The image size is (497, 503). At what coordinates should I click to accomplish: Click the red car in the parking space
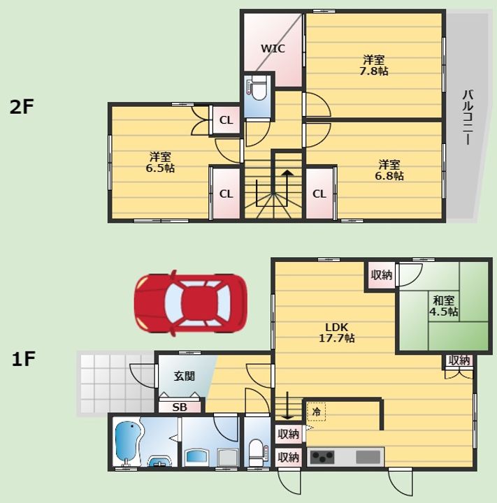click(190, 303)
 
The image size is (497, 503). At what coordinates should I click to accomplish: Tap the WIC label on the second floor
click(273, 48)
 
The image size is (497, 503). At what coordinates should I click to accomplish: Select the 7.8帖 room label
click(373, 65)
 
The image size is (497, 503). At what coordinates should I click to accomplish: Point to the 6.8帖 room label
click(389, 170)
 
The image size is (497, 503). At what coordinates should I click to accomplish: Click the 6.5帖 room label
click(160, 162)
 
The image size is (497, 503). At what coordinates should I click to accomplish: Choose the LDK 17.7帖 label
click(336, 333)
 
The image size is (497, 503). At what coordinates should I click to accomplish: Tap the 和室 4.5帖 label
click(444, 306)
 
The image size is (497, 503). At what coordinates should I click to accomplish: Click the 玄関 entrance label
click(185, 376)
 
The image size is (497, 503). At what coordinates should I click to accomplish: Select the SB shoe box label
click(180, 407)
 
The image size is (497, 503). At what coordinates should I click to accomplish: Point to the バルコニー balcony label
click(468, 118)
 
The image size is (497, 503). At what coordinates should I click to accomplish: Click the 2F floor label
click(22, 107)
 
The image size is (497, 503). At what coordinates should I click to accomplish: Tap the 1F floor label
click(23, 358)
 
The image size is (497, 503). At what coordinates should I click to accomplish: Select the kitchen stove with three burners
click(322, 457)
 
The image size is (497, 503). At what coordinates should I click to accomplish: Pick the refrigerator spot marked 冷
click(316, 411)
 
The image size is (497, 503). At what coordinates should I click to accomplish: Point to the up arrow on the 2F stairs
click(288, 187)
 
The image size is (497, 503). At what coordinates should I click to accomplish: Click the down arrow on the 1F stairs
click(288, 405)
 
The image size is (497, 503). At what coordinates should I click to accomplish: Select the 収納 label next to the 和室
click(382, 275)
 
